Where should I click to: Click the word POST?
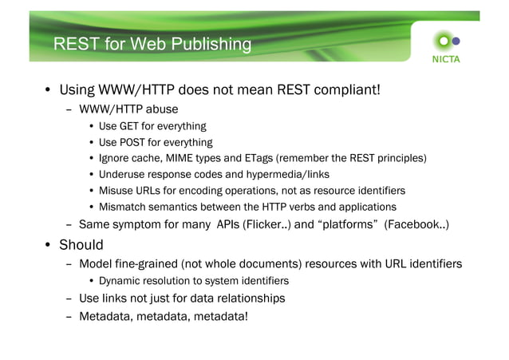coord(134,142)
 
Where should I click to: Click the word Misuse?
coord(116,190)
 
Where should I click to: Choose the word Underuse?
coord(123,174)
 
